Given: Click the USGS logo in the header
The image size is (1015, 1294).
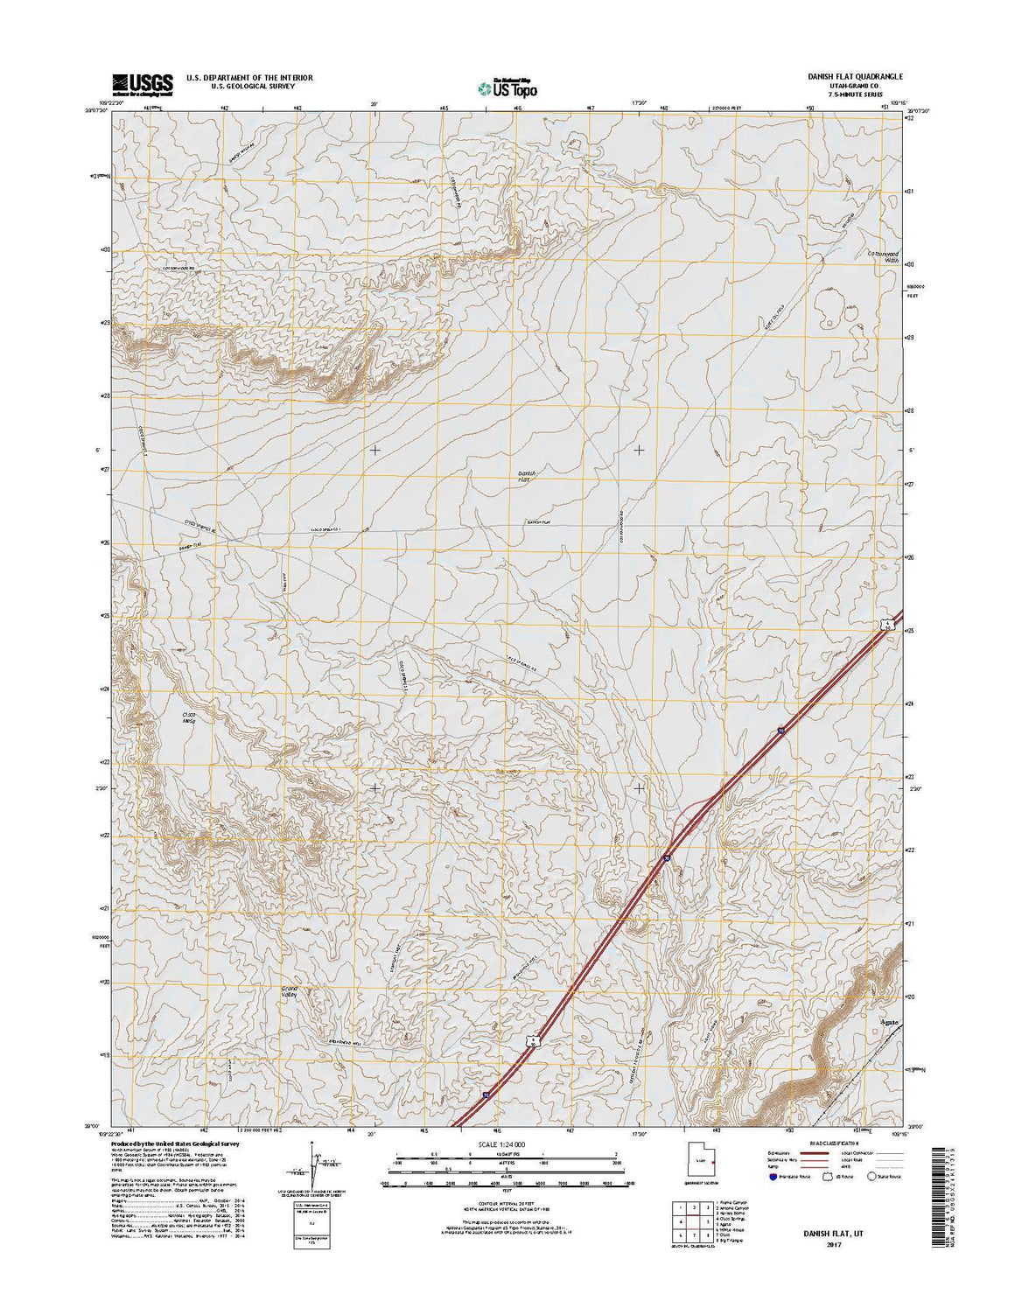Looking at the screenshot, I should [142, 82].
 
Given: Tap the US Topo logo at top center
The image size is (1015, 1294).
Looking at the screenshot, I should [507, 87].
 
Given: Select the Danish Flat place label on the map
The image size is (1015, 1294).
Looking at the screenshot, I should [525, 476].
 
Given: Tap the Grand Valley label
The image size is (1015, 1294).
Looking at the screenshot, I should [290, 992].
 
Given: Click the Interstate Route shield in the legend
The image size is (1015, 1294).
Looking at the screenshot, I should [773, 1177].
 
